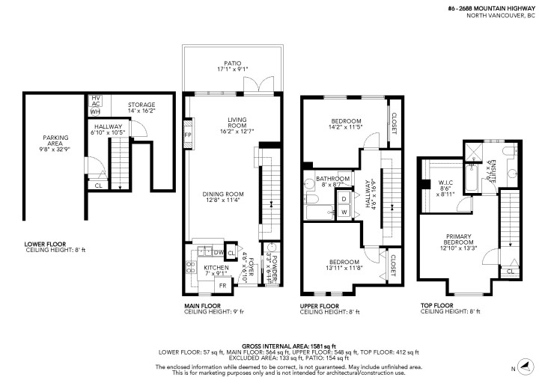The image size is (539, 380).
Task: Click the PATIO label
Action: pos(231,64)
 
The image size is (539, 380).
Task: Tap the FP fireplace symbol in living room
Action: pos(187,136)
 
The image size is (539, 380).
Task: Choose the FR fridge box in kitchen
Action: pos(222,285)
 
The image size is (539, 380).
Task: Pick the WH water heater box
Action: pos(95,111)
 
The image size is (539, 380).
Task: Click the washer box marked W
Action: pos(345,212)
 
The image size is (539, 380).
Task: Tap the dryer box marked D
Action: pos(345,200)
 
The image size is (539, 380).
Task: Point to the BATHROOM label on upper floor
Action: pos(332,179)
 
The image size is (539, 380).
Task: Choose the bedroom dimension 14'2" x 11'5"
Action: pos(345,127)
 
